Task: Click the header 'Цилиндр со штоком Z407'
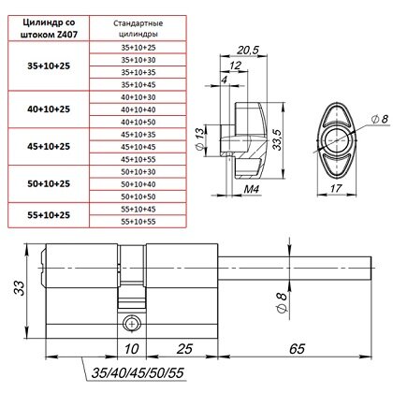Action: (46, 26)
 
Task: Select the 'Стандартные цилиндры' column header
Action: (139, 25)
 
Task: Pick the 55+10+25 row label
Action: (46, 214)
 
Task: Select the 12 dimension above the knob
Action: (233, 65)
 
